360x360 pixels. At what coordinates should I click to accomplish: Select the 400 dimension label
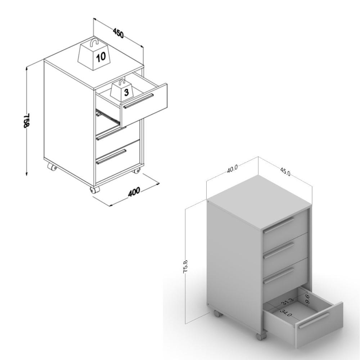(134, 192)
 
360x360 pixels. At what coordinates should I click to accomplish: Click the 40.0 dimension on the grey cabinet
(232, 170)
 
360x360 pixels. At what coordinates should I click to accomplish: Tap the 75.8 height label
(185, 266)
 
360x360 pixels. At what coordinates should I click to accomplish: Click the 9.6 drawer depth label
(308, 300)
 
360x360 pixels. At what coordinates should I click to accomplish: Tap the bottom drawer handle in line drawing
(111, 157)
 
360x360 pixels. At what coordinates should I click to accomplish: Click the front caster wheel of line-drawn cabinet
(95, 190)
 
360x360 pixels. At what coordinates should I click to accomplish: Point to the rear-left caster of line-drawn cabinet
(52, 167)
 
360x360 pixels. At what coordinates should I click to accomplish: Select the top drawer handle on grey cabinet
(279, 225)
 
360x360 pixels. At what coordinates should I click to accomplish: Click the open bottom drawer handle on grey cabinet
(314, 320)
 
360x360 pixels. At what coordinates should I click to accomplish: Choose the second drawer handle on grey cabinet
(279, 251)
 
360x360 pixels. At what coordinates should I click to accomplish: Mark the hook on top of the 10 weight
(94, 43)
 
